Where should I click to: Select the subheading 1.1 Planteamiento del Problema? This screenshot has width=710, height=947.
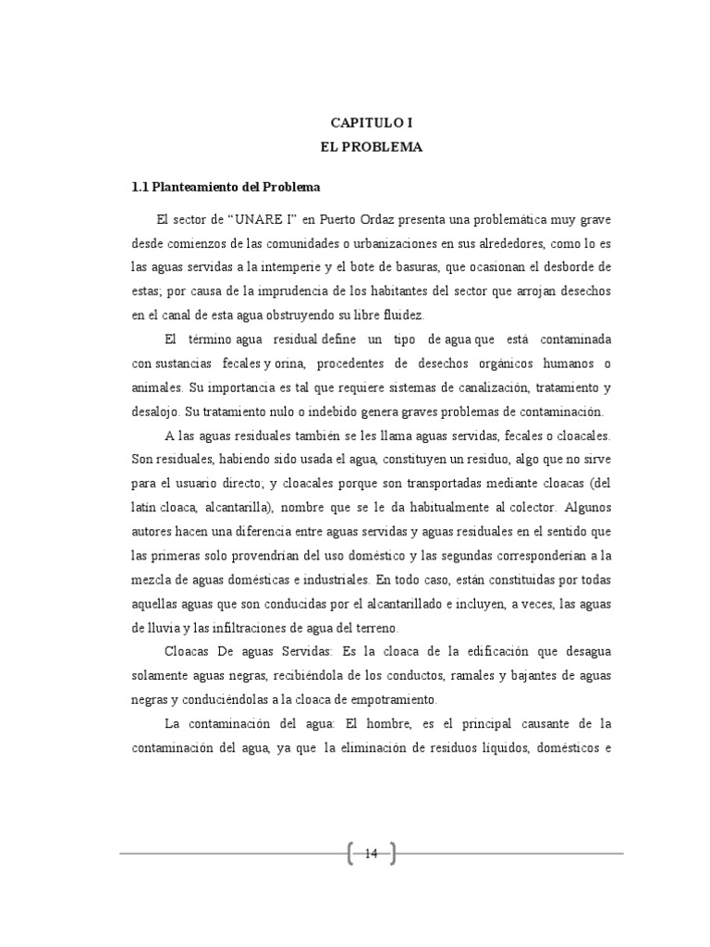(226, 187)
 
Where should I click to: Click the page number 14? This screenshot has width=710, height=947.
(372, 853)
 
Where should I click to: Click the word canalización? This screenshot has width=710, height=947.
(501, 387)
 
